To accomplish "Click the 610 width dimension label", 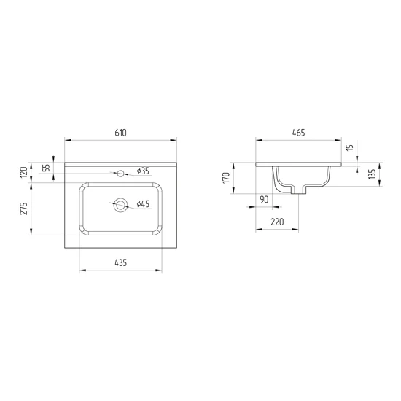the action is pyautogui.click(x=120, y=133).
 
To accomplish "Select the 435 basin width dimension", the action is pyautogui.click(x=121, y=262).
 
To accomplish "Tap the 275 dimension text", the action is pyautogui.click(x=24, y=209).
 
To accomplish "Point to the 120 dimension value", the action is pyautogui.click(x=24, y=172).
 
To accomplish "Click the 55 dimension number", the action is pyautogui.click(x=46, y=168).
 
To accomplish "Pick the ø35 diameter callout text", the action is pyautogui.click(x=143, y=171).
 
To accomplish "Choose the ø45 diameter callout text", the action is pyautogui.click(x=143, y=204).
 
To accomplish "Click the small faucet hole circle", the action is pyautogui.click(x=120, y=174).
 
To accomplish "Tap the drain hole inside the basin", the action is pyautogui.click(x=120, y=205).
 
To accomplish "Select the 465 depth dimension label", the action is pyautogui.click(x=298, y=133).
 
